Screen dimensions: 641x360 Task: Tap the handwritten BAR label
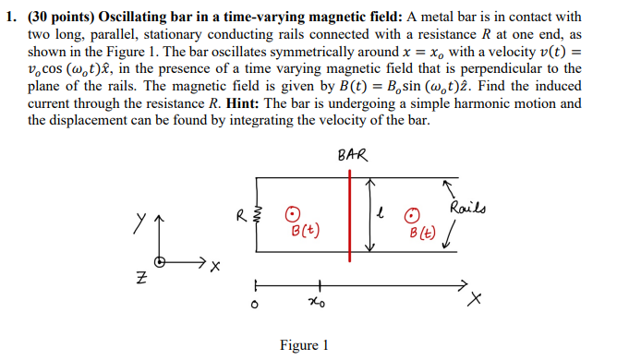(352, 156)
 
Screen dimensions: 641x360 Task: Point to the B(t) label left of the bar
(304, 230)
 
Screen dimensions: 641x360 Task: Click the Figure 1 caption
(304, 345)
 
